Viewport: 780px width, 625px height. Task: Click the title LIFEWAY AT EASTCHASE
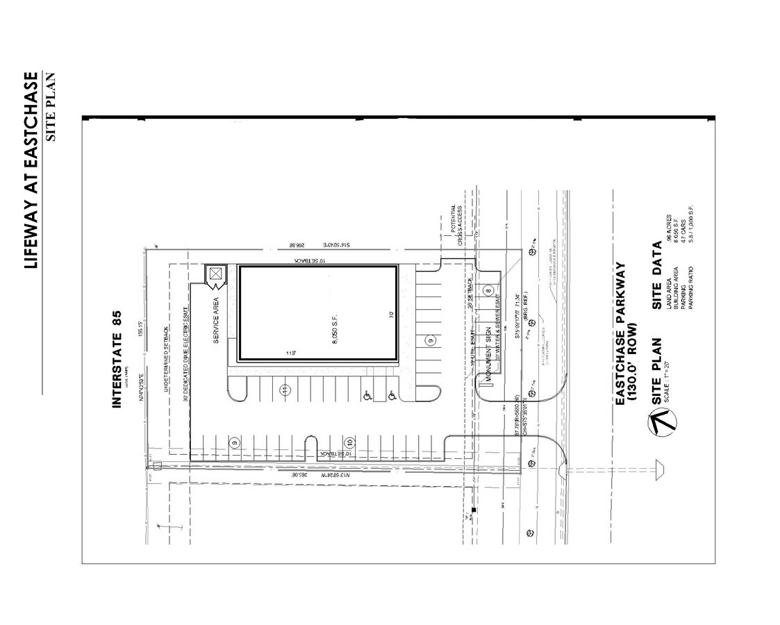pos(31,169)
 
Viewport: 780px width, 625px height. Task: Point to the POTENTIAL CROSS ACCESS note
pos(456,226)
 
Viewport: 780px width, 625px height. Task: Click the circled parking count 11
pos(285,390)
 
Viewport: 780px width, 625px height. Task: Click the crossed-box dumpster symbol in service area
pos(216,275)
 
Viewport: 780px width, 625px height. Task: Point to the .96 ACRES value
pos(668,232)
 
